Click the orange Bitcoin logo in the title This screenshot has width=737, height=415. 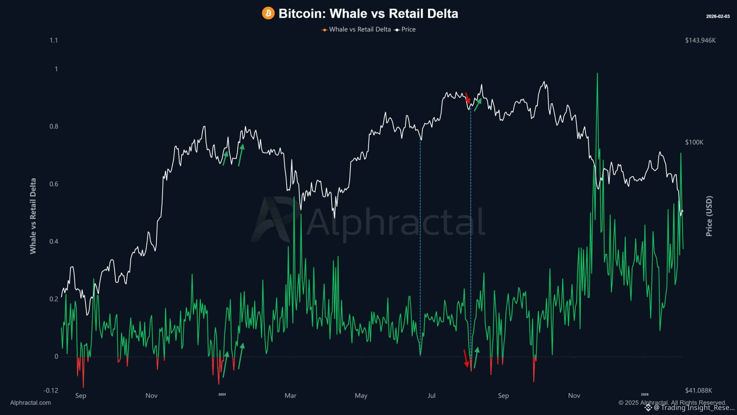point(268,14)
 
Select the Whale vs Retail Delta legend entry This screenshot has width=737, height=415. point(360,29)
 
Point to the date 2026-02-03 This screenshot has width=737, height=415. point(718,16)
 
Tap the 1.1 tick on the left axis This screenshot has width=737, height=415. point(54,40)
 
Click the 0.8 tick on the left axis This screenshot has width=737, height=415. point(54,127)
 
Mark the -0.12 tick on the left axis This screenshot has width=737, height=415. point(51,391)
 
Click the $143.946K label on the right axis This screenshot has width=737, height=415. point(700,40)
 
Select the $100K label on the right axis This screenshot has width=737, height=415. point(694,142)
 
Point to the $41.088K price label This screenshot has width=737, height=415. point(698,391)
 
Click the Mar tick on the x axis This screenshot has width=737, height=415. point(290,396)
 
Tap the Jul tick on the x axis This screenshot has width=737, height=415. point(431,396)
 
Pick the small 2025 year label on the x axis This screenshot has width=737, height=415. point(222,395)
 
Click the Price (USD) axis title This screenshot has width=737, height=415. point(709,216)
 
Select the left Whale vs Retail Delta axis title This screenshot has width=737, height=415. point(33,216)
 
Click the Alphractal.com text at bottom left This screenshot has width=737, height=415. point(31,403)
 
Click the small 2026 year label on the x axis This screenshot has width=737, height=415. point(645,395)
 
